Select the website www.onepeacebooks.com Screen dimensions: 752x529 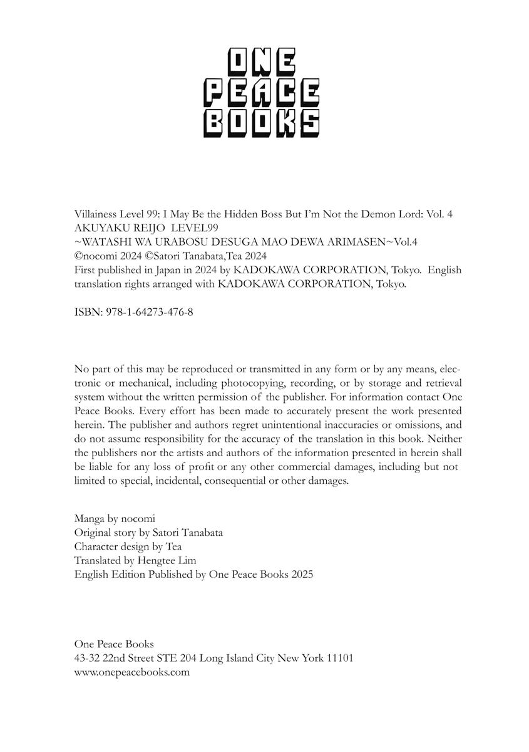tap(131, 672)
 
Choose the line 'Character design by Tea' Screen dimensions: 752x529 tap(128, 546)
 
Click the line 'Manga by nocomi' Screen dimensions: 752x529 tap(114, 519)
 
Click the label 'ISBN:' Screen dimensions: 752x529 tap(86, 311)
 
